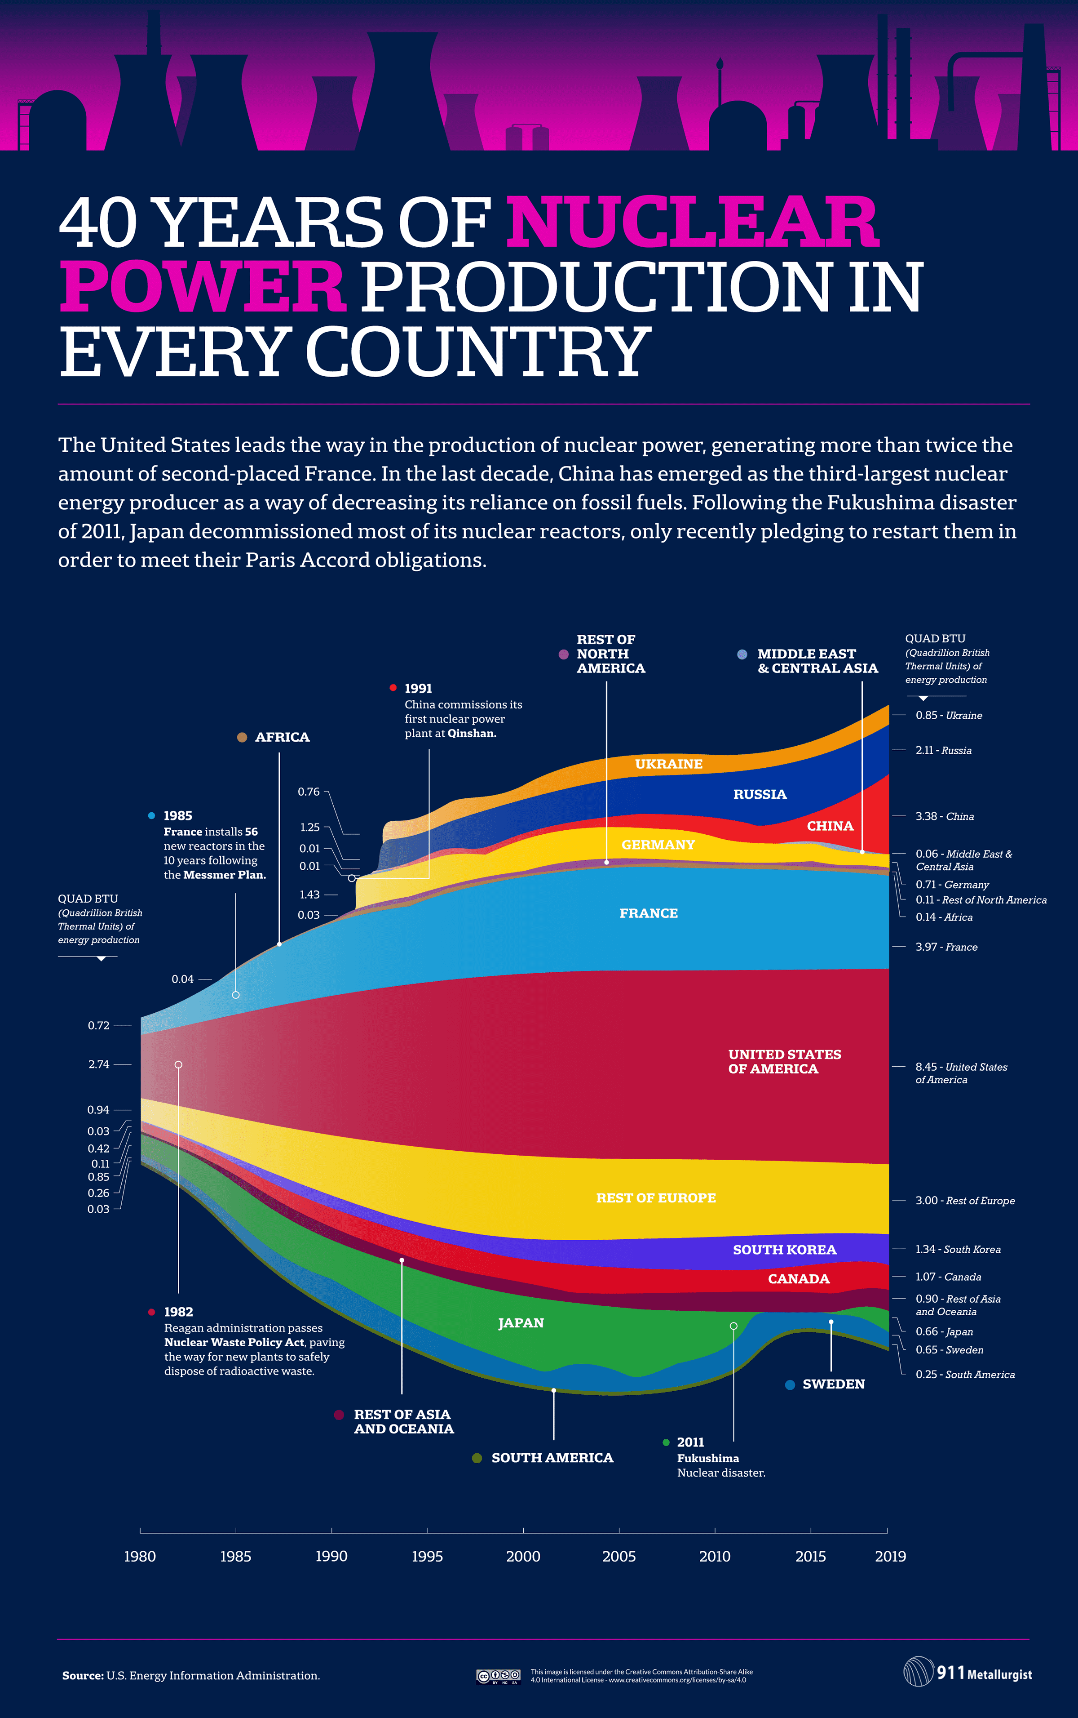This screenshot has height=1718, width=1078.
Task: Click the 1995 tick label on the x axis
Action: pyautogui.click(x=427, y=1556)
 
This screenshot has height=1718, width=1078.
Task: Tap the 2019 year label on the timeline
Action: pyautogui.click(x=891, y=1556)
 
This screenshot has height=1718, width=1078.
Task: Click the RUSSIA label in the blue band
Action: pyautogui.click(x=760, y=794)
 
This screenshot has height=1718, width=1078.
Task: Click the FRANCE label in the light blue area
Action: pyautogui.click(x=649, y=913)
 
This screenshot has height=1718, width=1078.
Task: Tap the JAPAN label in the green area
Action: pyautogui.click(x=521, y=1323)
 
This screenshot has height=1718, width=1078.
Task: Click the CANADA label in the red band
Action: pyautogui.click(x=799, y=1278)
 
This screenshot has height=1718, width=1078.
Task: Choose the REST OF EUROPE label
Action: pyautogui.click(x=656, y=1198)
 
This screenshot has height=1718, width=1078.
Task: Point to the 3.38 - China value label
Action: pyautogui.click(x=944, y=816)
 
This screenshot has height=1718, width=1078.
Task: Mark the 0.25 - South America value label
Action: pyautogui.click(x=965, y=1374)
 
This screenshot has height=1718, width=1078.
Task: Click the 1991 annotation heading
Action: pyautogui.click(x=418, y=689)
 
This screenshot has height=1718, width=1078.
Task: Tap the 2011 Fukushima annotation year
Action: pyautogui.click(x=690, y=1442)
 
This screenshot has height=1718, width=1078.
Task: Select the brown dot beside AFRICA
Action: pyautogui.click(x=242, y=737)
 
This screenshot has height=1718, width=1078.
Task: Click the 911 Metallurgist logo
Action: pyautogui.click(x=968, y=1673)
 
